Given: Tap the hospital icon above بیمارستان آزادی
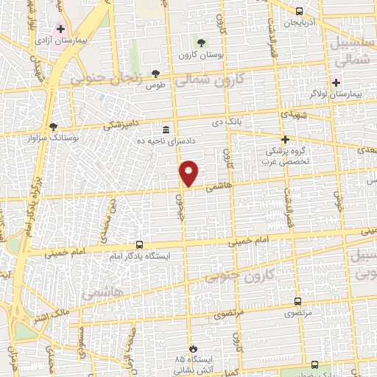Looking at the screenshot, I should (61, 28).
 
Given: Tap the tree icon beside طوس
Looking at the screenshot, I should (155, 74).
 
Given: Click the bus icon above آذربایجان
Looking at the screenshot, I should (299, 11).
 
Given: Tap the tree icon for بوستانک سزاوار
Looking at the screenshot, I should (53, 126).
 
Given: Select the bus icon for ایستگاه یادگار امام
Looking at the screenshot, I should (139, 244).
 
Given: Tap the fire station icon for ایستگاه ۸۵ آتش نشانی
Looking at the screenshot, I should (193, 348).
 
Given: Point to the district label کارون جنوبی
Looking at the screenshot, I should (238, 275).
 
